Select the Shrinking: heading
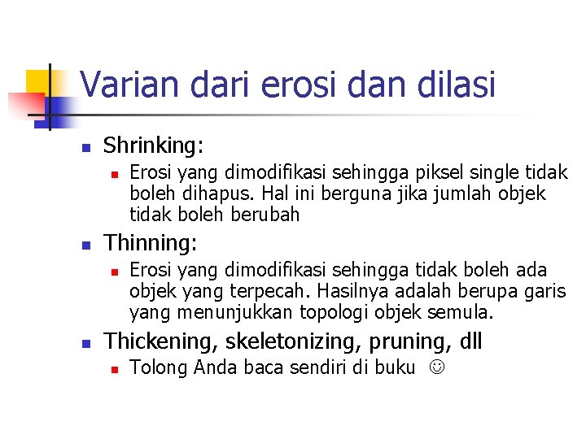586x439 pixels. click(154, 146)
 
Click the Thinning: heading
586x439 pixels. click(152, 243)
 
